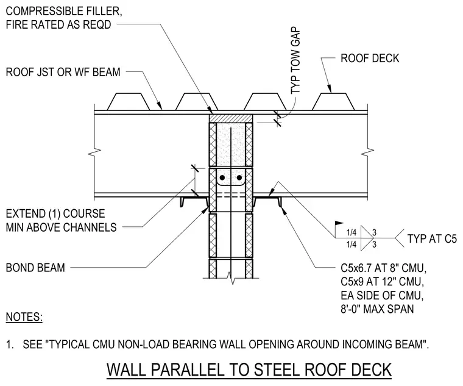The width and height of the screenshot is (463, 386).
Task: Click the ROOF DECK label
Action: tap(370, 58)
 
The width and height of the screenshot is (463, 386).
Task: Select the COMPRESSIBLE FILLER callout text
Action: tap(64, 18)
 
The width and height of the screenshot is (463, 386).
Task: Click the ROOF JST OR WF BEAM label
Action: tap(63, 72)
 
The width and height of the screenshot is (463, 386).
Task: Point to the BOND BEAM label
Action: tap(35, 268)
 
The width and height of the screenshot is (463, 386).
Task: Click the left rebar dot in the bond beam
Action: tap(222, 178)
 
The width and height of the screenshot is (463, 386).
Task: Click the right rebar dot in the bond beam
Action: tap(239, 178)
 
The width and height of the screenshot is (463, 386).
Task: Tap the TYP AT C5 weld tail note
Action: tap(432, 238)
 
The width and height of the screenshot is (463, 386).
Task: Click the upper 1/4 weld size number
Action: tap(351, 232)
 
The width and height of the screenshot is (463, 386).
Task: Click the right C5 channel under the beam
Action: tap(267, 201)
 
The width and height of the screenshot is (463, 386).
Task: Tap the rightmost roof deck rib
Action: tap(333, 102)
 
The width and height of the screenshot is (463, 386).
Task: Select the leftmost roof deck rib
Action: tap(129, 102)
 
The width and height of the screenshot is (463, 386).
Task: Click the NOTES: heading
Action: tap(24, 317)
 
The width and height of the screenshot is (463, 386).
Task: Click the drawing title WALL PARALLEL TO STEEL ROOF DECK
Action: tap(249, 370)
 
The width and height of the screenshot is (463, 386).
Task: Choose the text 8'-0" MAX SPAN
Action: tap(377, 309)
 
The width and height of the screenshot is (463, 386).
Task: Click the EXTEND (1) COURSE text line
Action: tap(55, 213)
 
